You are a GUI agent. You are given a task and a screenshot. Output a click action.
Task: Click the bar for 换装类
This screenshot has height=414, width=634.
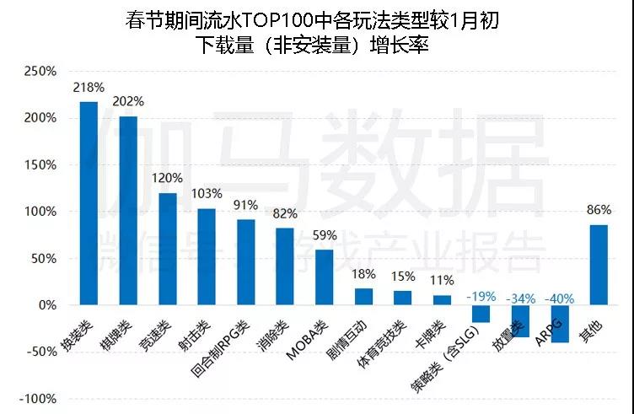click(89, 202)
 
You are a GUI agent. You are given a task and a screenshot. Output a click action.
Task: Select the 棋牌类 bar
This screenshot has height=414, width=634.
click(128, 210)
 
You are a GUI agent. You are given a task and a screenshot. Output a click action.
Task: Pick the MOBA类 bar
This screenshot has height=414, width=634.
click(325, 277)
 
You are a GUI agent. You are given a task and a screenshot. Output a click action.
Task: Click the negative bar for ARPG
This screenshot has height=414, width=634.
click(560, 324)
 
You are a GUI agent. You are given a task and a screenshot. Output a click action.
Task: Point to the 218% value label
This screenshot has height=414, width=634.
click(89, 87)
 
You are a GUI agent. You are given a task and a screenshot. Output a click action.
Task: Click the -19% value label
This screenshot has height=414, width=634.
click(481, 297)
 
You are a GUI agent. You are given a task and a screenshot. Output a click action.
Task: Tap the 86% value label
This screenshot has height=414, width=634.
click(599, 210)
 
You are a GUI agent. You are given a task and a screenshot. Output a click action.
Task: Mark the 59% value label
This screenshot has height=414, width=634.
click(325, 235)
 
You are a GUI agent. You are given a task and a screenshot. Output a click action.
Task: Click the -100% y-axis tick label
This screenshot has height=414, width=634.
click(36, 399)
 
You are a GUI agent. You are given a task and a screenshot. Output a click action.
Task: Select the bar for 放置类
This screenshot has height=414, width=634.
click(520, 321)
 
